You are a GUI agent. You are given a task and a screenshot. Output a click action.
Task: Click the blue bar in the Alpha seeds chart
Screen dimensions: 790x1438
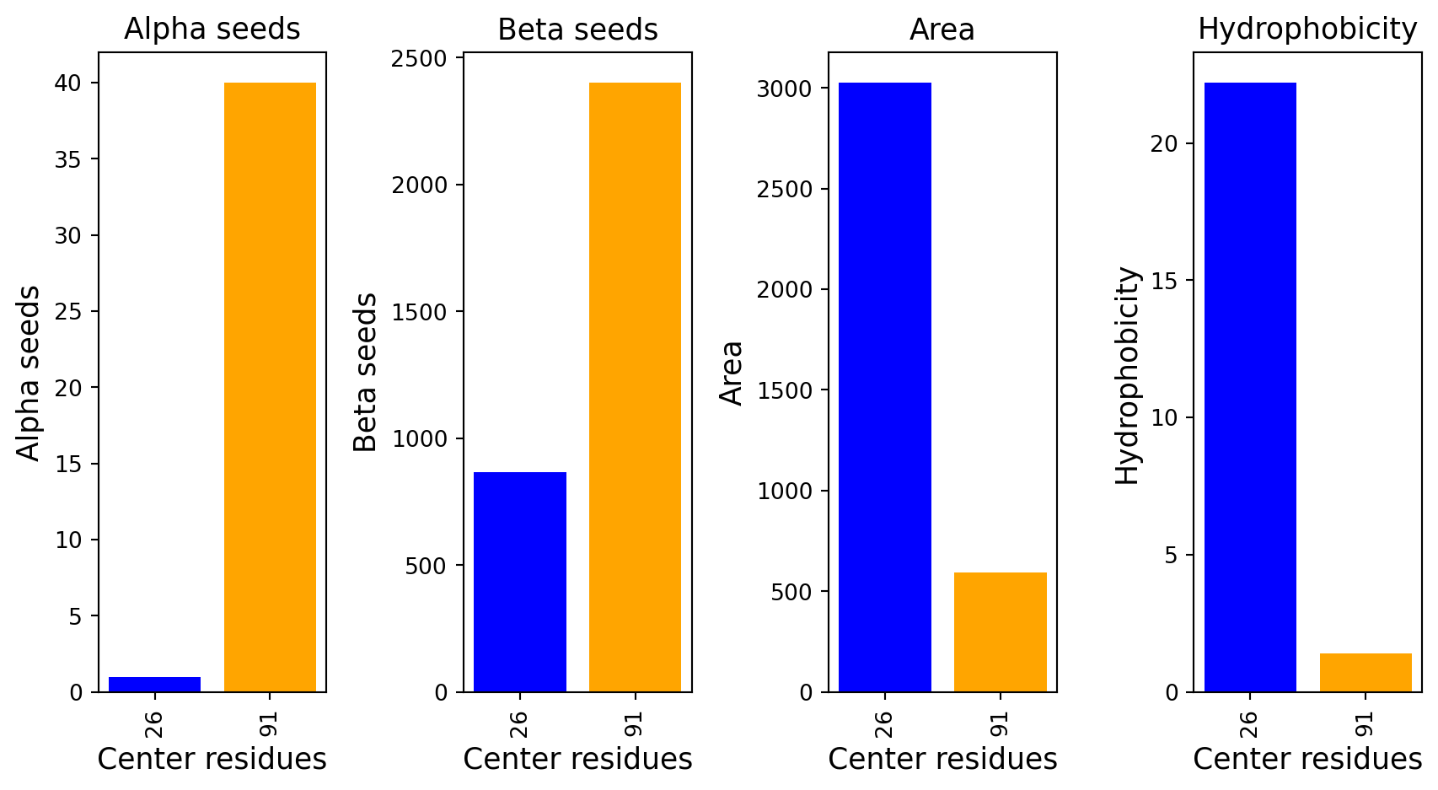(154, 685)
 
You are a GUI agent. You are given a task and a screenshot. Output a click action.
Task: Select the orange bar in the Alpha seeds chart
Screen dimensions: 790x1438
(270, 387)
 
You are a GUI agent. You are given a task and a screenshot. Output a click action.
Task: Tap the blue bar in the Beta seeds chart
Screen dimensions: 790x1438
(519, 582)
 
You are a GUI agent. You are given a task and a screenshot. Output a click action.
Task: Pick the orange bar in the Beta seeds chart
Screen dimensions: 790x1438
(635, 387)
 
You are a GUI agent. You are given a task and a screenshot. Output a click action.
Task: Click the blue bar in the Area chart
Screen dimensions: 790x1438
(884, 387)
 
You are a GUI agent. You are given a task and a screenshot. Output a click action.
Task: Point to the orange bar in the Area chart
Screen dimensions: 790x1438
(1000, 632)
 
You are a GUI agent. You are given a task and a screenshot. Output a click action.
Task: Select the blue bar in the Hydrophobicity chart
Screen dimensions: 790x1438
(1250, 387)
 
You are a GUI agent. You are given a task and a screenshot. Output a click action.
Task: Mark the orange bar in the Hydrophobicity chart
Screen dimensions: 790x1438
(1366, 673)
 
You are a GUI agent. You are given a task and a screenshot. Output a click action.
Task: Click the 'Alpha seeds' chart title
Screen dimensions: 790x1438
(212, 30)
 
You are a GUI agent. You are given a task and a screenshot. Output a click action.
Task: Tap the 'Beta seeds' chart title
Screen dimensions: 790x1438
(577, 30)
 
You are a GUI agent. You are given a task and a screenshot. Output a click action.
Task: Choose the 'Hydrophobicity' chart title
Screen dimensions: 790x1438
(1307, 30)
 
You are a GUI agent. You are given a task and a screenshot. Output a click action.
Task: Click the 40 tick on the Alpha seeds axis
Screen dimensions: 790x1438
(68, 83)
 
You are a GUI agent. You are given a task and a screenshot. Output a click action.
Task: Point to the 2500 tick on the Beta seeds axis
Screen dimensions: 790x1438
(419, 59)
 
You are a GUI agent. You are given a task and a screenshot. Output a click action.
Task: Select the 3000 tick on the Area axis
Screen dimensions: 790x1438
(784, 89)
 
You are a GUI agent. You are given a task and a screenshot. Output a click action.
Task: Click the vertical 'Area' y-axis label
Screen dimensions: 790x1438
(732, 373)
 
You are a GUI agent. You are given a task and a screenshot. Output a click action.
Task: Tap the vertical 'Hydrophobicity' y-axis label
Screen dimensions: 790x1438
(1127, 375)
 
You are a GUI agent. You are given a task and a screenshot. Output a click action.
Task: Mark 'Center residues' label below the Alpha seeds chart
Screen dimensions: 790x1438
(212, 760)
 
